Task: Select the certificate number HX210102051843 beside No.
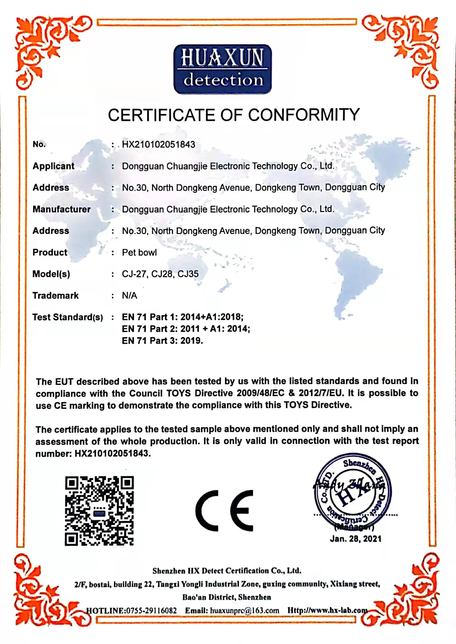pos(158,145)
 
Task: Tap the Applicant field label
pos(53,166)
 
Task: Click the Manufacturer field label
pos(62,209)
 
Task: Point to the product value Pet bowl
pos(139,252)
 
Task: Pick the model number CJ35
pos(188,274)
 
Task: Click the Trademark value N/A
pos(129,296)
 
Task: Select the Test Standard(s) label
pos(67,317)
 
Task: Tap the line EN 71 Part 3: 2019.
pos(162,341)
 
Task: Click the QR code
pos(99,511)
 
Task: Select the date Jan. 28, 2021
pos(356,539)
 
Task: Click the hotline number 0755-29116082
pos(151,611)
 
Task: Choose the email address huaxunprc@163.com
pos(244,611)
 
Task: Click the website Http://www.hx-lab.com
pos(327,610)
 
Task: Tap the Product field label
pos(50,252)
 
